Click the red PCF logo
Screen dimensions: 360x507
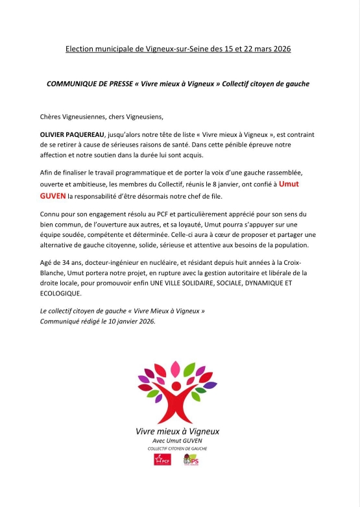coord(162,460)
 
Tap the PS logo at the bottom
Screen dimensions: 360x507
coord(191,460)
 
